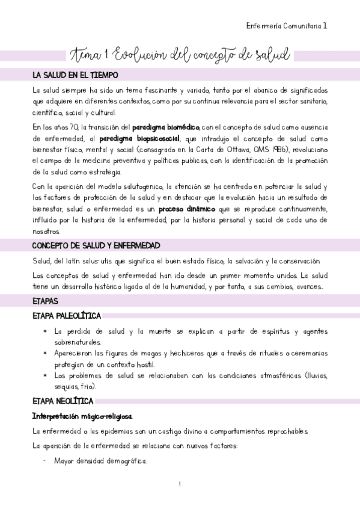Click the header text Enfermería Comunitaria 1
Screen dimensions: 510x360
(287, 26)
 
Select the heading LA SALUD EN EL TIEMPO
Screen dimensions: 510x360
(75, 75)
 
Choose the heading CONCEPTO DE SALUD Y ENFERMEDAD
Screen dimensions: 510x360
(96, 246)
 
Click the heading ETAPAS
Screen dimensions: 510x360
(45, 300)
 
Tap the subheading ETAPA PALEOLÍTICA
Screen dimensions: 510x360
(66, 316)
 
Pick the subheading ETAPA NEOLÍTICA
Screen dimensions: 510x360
(63, 401)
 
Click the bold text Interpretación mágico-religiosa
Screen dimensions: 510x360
(83, 416)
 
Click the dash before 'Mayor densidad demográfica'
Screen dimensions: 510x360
(45, 462)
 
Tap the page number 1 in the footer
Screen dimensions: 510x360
(180, 484)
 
